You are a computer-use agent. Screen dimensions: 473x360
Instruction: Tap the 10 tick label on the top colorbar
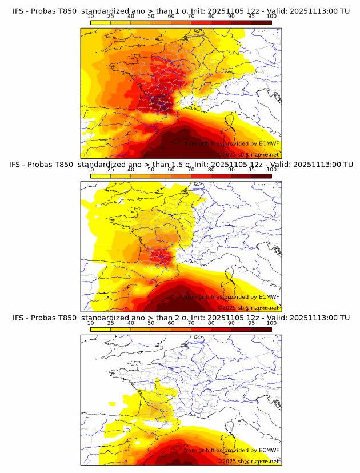90,17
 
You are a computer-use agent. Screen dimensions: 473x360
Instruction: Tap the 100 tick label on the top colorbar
271,17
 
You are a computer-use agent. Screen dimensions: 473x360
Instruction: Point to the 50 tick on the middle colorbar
151,170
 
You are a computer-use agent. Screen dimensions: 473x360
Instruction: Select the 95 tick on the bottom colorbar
251,323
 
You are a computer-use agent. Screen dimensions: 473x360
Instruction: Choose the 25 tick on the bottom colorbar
110,323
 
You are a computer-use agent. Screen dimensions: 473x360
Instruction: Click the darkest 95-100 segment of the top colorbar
261,22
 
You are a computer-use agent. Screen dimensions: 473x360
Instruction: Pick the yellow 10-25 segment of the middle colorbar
101,175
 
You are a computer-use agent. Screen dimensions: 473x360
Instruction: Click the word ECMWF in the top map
269,144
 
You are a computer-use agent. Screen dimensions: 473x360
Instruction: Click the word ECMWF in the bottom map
269,450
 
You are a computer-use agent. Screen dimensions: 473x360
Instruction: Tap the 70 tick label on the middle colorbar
191,170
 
